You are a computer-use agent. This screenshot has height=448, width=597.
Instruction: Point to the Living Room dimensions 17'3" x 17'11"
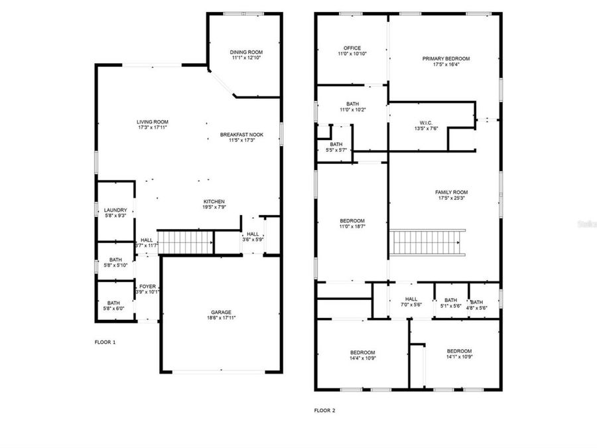[153, 127]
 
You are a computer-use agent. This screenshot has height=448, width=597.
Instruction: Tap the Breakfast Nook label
[241, 135]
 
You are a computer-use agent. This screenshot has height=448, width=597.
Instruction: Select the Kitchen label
[214, 201]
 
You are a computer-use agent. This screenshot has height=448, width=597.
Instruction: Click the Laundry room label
[115, 210]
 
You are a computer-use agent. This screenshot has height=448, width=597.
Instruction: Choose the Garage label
[222, 312]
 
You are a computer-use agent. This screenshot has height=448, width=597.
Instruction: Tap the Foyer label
[147, 286]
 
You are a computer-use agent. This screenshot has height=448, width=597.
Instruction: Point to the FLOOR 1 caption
[105, 342]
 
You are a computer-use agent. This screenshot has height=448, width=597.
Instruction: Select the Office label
[352, 48]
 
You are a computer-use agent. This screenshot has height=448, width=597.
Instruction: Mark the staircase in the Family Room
[427, 242]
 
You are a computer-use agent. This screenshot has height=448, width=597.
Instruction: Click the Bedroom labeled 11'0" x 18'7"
[352, 221]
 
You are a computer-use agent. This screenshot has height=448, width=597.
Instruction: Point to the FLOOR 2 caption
[324, 411]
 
